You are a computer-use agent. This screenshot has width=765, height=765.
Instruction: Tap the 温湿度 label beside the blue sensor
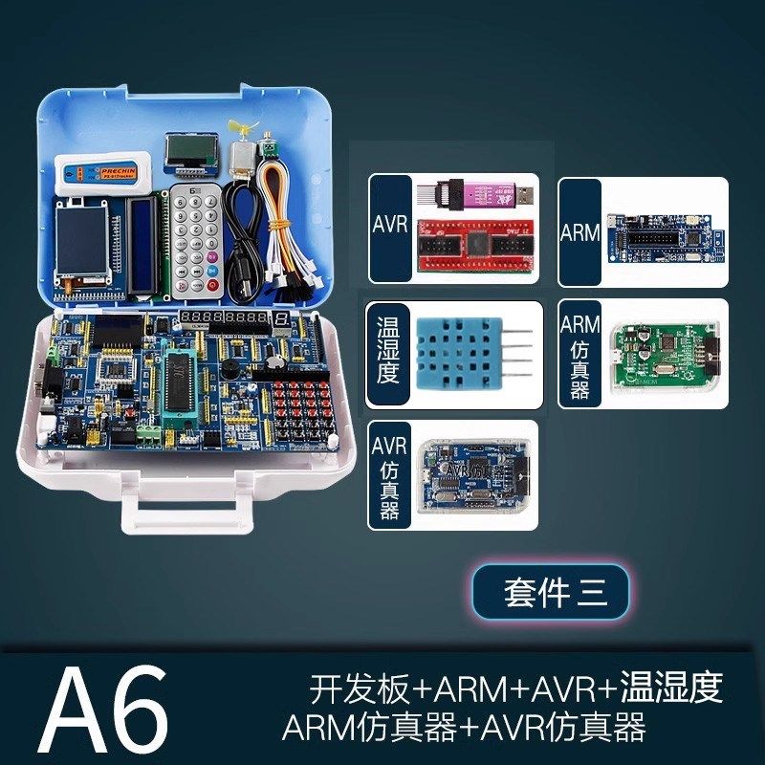tap(387, 351)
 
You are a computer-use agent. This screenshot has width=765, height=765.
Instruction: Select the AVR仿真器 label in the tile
tap(387, 475)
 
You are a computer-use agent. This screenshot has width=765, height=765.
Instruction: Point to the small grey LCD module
tap(187, 150)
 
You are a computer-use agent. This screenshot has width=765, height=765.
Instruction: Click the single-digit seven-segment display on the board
tap(282, 318)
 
